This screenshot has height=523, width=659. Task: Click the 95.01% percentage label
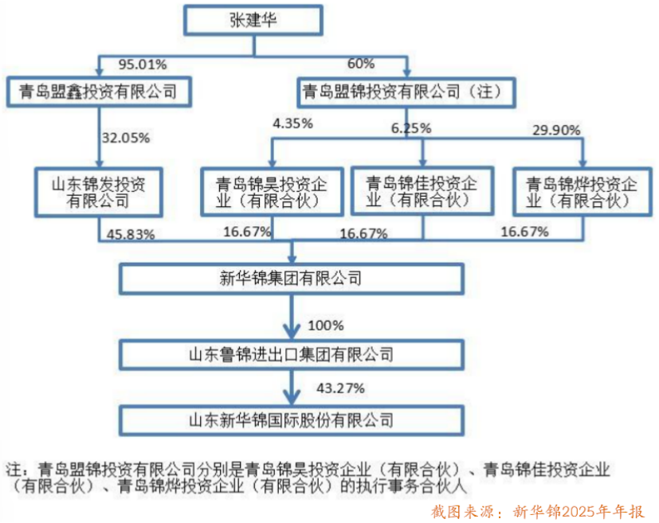(143, 64)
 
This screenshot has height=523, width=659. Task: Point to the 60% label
(361, 64)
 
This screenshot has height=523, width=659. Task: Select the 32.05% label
(126, 138)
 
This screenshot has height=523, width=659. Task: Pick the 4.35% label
(292, 124)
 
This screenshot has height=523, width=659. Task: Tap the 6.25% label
(411, 128)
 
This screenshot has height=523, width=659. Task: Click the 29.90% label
(556, 130)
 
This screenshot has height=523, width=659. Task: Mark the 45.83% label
(131, 235)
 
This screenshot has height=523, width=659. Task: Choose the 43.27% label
(340, 388)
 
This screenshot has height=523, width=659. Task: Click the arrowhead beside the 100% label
(292, 330)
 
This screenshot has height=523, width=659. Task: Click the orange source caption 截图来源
(462, 512)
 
